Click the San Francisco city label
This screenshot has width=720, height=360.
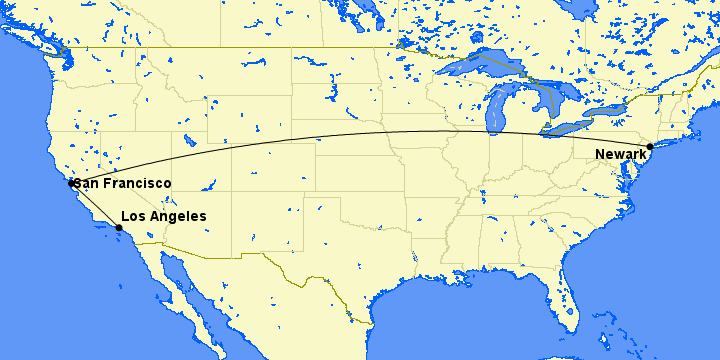(122, 184)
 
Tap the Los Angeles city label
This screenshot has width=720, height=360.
(163, 216)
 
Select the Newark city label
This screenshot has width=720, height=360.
(620, 154)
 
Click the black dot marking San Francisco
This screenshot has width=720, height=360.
(71, 183)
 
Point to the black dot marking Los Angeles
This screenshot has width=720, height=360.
(119, 228)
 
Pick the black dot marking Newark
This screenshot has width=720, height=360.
(650, 147)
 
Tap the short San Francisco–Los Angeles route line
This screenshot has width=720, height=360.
(95, 206)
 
